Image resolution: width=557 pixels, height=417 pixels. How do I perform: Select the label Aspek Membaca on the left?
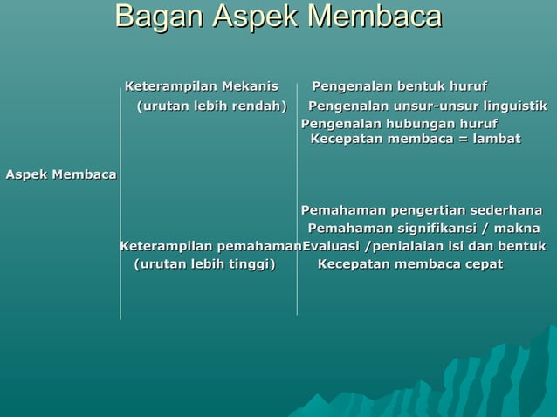[61, 174]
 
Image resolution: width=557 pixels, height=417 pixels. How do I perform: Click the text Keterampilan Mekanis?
[202, 86]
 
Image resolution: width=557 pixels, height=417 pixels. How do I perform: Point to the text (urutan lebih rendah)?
[211, 106]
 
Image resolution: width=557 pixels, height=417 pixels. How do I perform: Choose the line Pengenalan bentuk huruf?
[399, 86]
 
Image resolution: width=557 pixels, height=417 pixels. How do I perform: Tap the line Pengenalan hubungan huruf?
[399, 124]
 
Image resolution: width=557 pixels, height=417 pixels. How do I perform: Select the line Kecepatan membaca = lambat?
[416, 139]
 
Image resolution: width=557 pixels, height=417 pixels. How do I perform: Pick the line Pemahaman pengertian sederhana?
[421, 210]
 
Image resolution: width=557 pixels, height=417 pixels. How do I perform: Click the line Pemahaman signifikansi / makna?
[423, 228]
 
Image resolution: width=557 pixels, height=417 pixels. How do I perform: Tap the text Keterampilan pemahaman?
[210, 246]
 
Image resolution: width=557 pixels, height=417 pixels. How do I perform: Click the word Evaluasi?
[333, 246]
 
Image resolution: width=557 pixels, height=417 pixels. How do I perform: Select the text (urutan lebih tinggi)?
[203, 264]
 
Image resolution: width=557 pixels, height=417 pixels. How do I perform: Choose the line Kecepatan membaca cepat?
[409, 264]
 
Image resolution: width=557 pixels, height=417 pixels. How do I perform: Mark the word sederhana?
[505, 210]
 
